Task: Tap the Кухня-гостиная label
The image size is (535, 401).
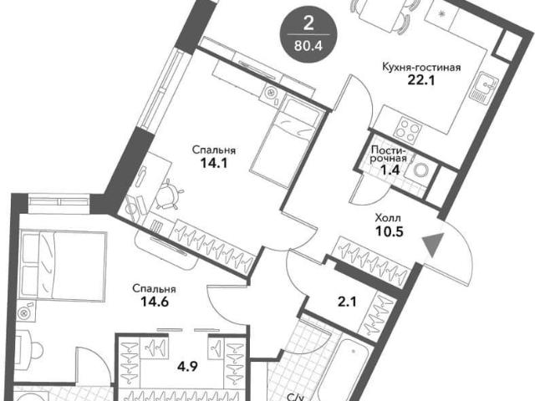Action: (421, 67)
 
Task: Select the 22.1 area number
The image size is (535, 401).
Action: (421, 80)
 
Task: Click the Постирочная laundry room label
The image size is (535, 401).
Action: (389, 154)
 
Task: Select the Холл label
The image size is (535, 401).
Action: (388, 217)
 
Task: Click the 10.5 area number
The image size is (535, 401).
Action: (390, 231)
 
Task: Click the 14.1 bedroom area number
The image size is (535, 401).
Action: (214, 164)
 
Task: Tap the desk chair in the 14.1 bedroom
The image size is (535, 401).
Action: (168, 195)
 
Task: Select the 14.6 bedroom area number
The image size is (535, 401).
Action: (154, 302)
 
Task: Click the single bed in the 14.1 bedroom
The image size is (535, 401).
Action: (286, 142)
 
